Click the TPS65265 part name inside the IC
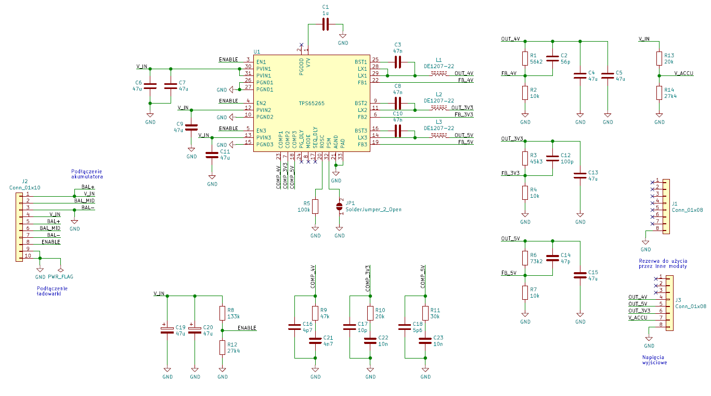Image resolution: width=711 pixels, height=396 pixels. coord(312,103)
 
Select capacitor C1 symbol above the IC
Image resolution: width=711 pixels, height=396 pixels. coord(326,24)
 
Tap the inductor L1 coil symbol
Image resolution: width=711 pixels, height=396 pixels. coord(438,73)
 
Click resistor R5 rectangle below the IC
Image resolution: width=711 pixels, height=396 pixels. coord(315,207)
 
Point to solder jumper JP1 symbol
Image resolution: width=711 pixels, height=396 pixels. coord(339,207)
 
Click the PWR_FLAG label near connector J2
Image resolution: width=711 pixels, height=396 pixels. coord(60,277)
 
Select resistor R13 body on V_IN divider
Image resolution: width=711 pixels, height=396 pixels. coord(660,59)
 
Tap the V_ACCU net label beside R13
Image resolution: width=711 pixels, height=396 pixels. coord(684,73)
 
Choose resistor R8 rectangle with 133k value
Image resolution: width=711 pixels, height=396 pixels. coord(223,313)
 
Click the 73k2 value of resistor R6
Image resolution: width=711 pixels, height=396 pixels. coord(536,261)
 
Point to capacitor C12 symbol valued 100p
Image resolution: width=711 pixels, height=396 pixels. coord(552,158)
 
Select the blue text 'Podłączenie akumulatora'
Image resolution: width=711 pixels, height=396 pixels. coord(87,174)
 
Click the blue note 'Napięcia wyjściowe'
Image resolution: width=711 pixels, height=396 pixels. coord(654,360)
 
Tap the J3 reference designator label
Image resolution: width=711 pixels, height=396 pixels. coord(678,300)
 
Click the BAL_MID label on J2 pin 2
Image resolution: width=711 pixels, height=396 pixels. coord(84,201)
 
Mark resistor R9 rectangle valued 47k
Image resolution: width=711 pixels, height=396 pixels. coord(315,313)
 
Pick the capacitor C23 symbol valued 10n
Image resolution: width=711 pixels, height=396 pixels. coord(425,341)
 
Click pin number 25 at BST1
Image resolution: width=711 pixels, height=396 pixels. coord(375,59)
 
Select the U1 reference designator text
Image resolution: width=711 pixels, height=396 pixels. coord(257,52)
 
